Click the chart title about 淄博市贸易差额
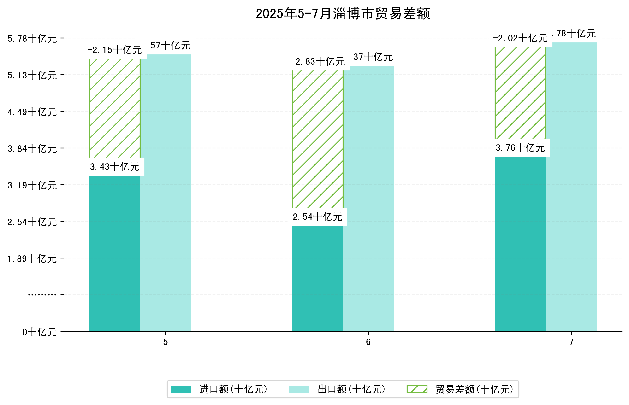343,14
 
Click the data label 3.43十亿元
115,167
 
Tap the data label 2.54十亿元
317,217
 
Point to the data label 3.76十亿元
520,148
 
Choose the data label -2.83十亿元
317,62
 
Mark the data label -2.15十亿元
115,50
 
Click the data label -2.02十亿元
520,38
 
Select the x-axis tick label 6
368,342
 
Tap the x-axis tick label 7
571,342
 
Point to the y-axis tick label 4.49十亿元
32,112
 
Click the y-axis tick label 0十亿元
39,332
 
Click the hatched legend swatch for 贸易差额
417,389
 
